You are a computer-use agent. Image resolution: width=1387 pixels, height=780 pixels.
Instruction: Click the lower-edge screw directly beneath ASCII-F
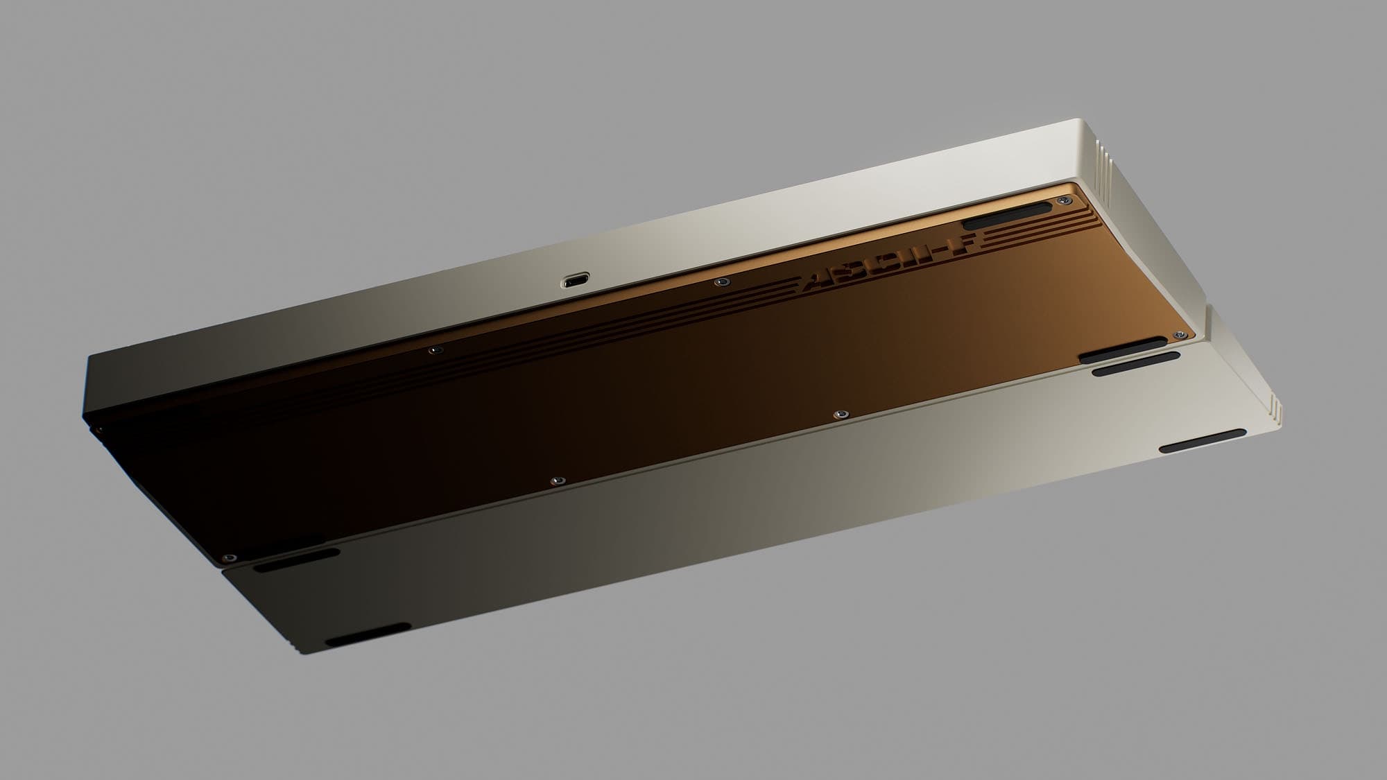839,414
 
